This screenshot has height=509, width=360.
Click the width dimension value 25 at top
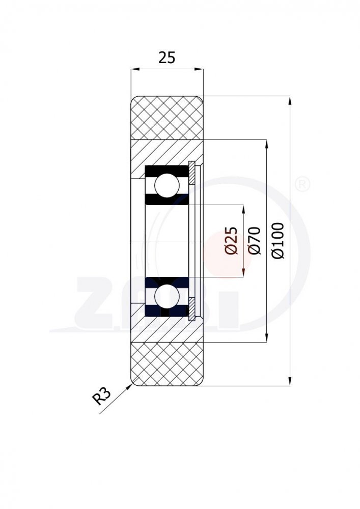point(167,58)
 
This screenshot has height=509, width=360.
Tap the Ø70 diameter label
point(254,241)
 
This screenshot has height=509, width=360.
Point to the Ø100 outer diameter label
point(279,241)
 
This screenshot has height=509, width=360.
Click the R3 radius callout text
point(102,396)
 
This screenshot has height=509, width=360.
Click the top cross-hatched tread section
point(167,118)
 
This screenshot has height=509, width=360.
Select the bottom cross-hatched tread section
point(167,363)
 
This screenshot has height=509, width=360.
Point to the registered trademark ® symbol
point(302,184)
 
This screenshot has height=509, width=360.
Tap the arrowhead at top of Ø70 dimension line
point(267,144)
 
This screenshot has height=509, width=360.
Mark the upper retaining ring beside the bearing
point(192,173)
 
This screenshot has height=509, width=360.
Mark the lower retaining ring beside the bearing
point(192,308)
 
